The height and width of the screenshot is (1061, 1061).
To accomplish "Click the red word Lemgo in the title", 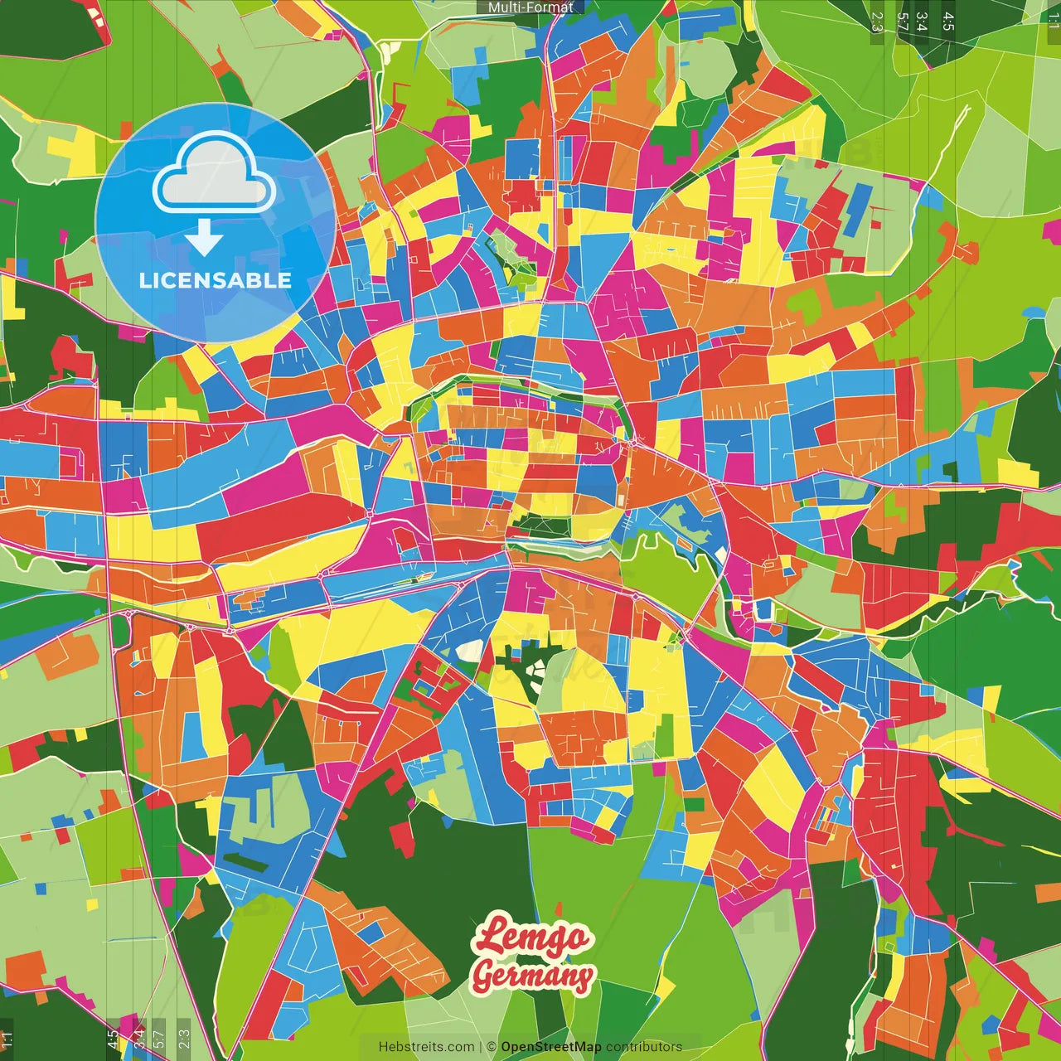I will click(x=533, y=936).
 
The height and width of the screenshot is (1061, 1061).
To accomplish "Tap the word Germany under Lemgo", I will click(x=533, y=975).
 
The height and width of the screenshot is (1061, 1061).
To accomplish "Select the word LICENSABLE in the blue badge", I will click(x=216, y=280).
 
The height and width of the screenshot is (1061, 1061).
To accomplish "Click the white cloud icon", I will click(x=214, y=176).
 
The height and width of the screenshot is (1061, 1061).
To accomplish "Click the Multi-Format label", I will click(x=530, y=7).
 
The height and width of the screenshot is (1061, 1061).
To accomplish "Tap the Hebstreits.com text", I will click(x=427, y=1047).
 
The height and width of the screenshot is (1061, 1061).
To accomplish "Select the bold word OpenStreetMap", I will click(x=550, y=1047).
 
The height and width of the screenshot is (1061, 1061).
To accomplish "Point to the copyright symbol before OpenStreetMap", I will click(x=492, y=1047).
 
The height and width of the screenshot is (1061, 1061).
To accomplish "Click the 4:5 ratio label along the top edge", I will click(x=948, y=22).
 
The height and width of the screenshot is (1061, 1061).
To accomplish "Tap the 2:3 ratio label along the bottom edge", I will click(x=184, y=1038).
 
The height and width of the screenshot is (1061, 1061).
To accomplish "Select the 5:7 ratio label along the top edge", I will click(x=903, y=22).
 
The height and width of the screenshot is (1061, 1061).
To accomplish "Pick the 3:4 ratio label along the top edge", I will click(x=923, y=22).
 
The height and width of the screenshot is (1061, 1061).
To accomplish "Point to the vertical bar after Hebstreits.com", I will click(x=481, y=1047).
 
